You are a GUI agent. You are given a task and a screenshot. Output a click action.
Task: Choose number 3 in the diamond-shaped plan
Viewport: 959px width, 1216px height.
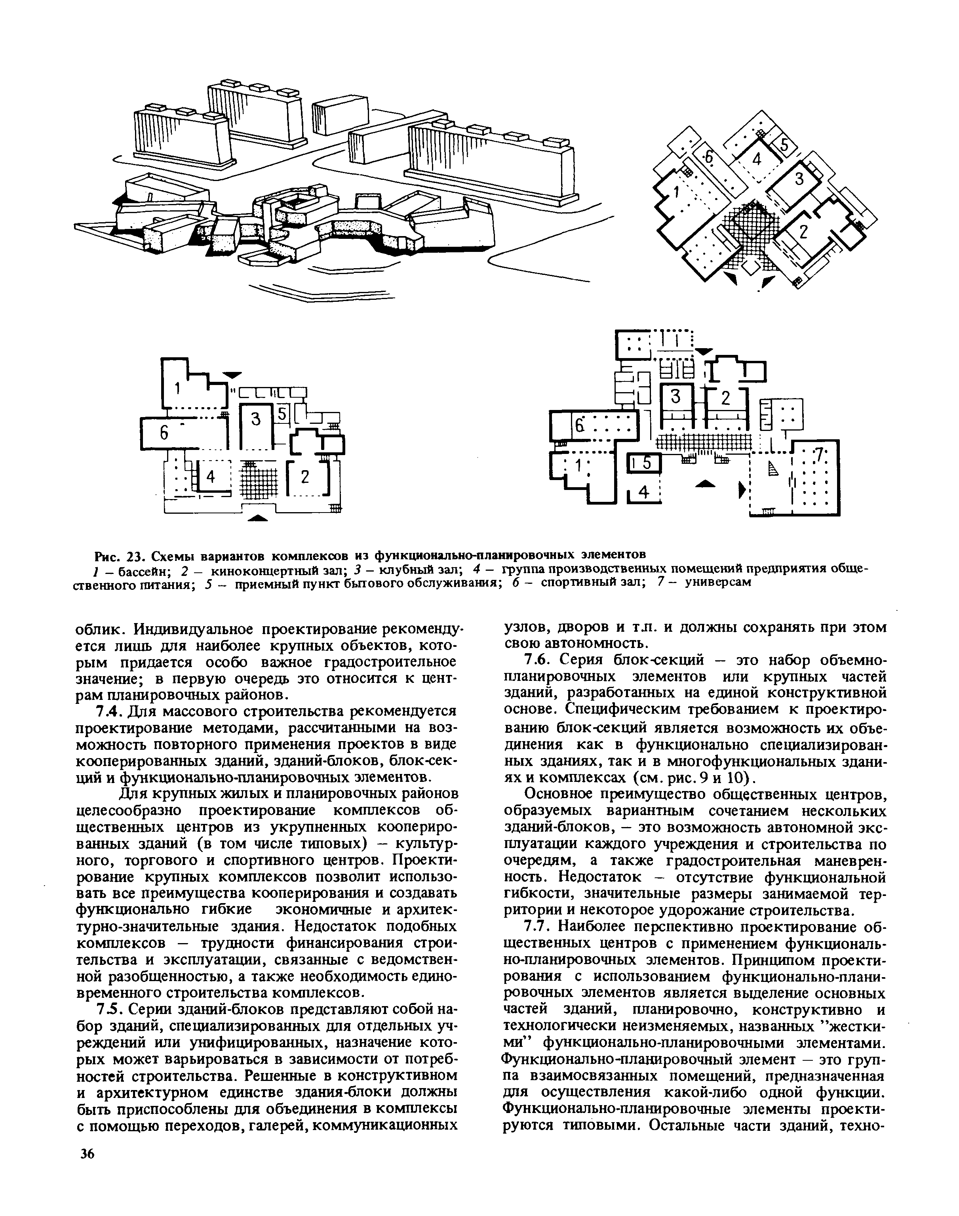[x=799, y=180]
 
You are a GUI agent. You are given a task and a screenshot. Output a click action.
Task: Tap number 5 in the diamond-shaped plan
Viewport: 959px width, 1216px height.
[x=784, y=145]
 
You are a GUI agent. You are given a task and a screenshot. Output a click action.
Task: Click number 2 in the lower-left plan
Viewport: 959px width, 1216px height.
[x=305, y=477]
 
